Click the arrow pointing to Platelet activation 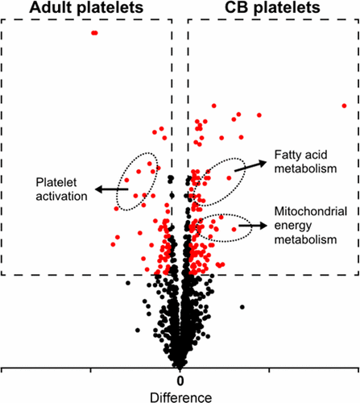110,189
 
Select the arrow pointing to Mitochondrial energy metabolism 259,226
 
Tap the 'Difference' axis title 180,397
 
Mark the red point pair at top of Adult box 94,33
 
